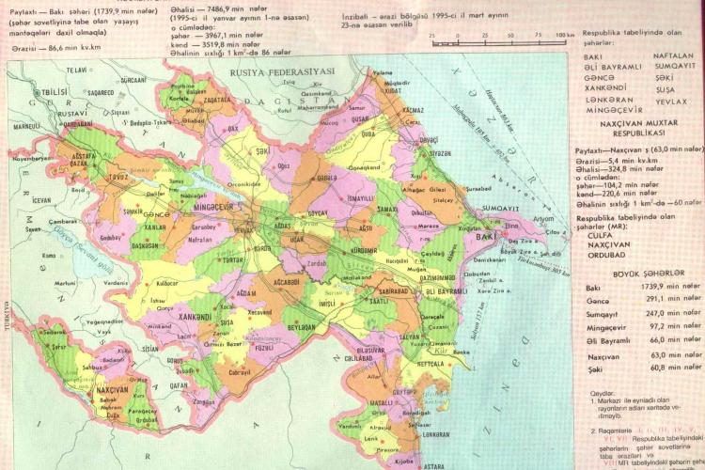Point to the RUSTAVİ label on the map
[46, 114]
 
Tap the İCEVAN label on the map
[42, 199]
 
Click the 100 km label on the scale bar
[564, 35]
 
